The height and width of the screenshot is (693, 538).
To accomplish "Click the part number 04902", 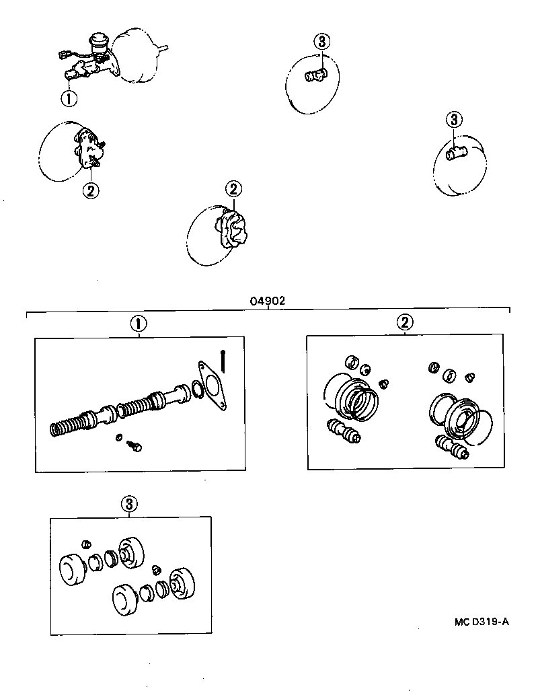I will tap(268, 301).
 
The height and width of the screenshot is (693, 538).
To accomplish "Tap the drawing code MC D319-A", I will tap(479, 622).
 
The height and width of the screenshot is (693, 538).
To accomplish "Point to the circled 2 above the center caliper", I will tap(233, 189).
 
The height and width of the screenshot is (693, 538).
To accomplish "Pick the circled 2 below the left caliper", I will tap(90, 190).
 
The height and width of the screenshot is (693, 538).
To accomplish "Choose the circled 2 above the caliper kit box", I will tap(404, 323).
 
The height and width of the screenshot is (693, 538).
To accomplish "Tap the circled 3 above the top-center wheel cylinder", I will tap(322, 42).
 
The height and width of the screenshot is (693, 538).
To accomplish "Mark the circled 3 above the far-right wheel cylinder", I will tap(455, 120).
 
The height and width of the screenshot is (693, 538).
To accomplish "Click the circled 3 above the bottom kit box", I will tap(130, 504).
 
